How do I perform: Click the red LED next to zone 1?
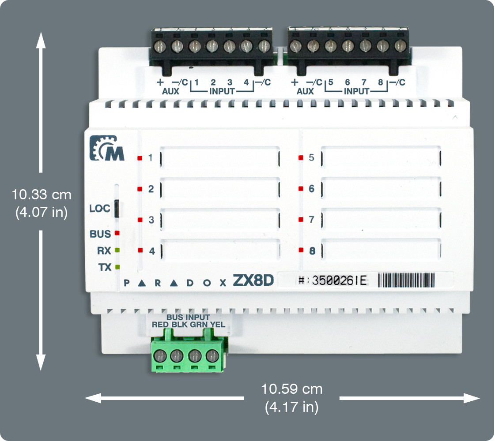click(140, 158)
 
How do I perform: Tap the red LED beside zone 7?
click(301, 219)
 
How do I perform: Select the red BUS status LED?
click(117, 232)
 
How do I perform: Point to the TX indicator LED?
click(117, 267)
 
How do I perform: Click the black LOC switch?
click(117, 208)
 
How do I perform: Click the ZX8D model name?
click(253, 281)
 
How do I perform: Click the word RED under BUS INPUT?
click(160, 325)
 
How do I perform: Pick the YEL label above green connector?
click(218, 325)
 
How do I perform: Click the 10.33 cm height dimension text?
click(42, 194)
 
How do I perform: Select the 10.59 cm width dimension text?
click(291, 389)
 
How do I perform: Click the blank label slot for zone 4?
click(220, 250)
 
